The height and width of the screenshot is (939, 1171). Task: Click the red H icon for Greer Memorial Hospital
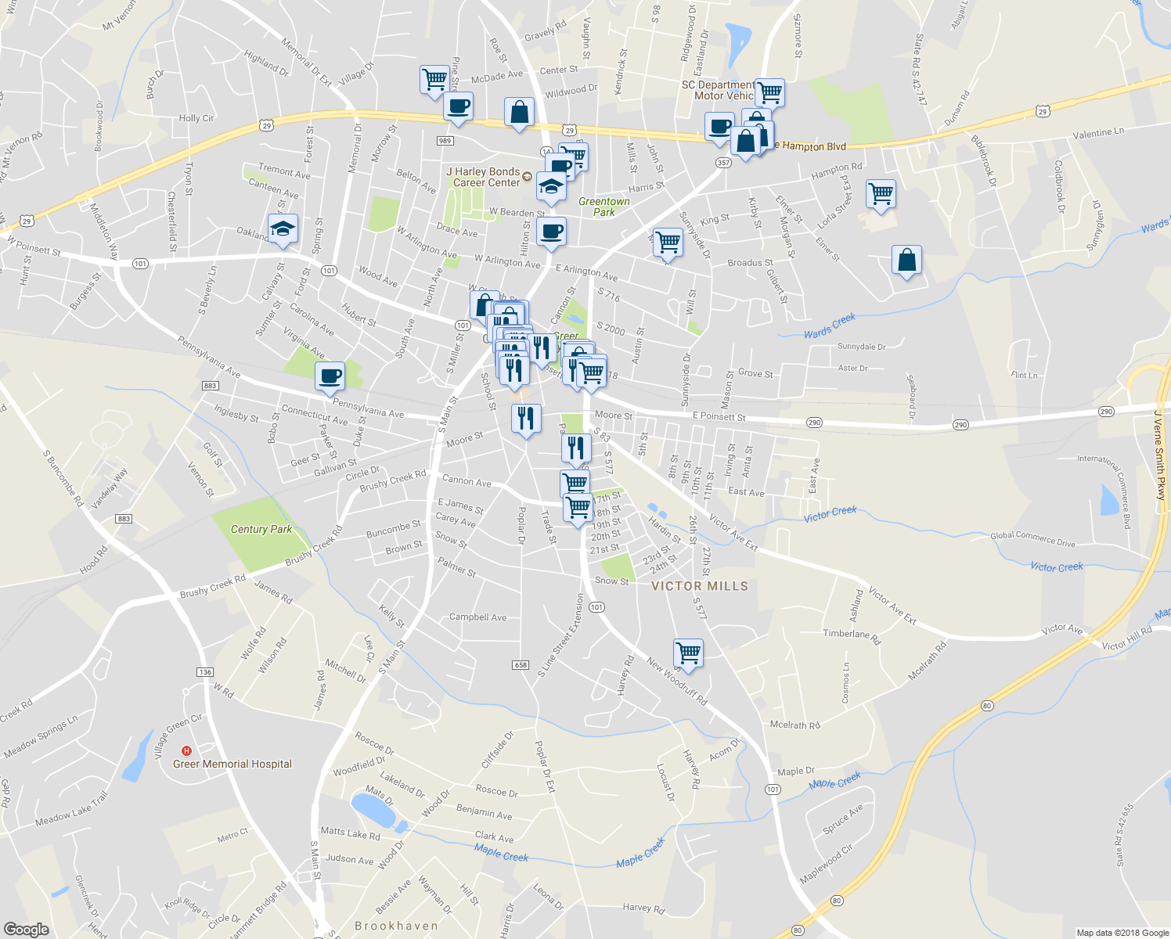pyautogui.click(x=186, y=751)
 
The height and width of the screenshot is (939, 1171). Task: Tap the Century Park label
pyautogui.click(x=261, y=530)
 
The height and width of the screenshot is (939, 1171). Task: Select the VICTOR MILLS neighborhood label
pyautogui.click(x=700, y=586)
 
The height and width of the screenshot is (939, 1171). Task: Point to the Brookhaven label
pyautogui.click(x=397, y=926)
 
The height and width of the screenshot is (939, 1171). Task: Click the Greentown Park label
pyautogui.click(x=604, y=207)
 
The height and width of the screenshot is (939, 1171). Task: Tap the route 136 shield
pyautogui.click(x=205, y=672)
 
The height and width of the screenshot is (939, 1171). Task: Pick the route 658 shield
pyautogui.click(x=521, y=665)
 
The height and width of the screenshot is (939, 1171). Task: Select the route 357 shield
pyautogui.click(x=722, y=163)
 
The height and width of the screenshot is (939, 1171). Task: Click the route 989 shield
pyautogui.click(x=445, y=141)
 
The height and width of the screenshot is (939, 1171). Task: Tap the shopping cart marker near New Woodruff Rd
pyautogui.click(x=688, y=652)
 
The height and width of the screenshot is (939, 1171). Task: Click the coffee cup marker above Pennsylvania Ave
pyautogui.click(x=330, y=376)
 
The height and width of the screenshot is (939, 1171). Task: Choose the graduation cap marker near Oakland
pyautogui.click(x=283, y=228)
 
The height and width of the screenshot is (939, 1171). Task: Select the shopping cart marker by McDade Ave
pyautogui.click(x=434, y=79)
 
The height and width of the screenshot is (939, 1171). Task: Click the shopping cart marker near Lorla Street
pyautogui.click(x=881, y=193)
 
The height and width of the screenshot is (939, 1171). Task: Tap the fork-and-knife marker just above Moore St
pyautogui.click(x=526, y=418)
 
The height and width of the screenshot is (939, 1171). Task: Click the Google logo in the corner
pyautogui.click(x=27, y=929)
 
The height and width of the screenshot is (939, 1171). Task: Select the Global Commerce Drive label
pyautogui.click(x=1032, y=539)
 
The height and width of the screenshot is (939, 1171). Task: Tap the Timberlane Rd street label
pyautogui.click(x=852, y=635)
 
